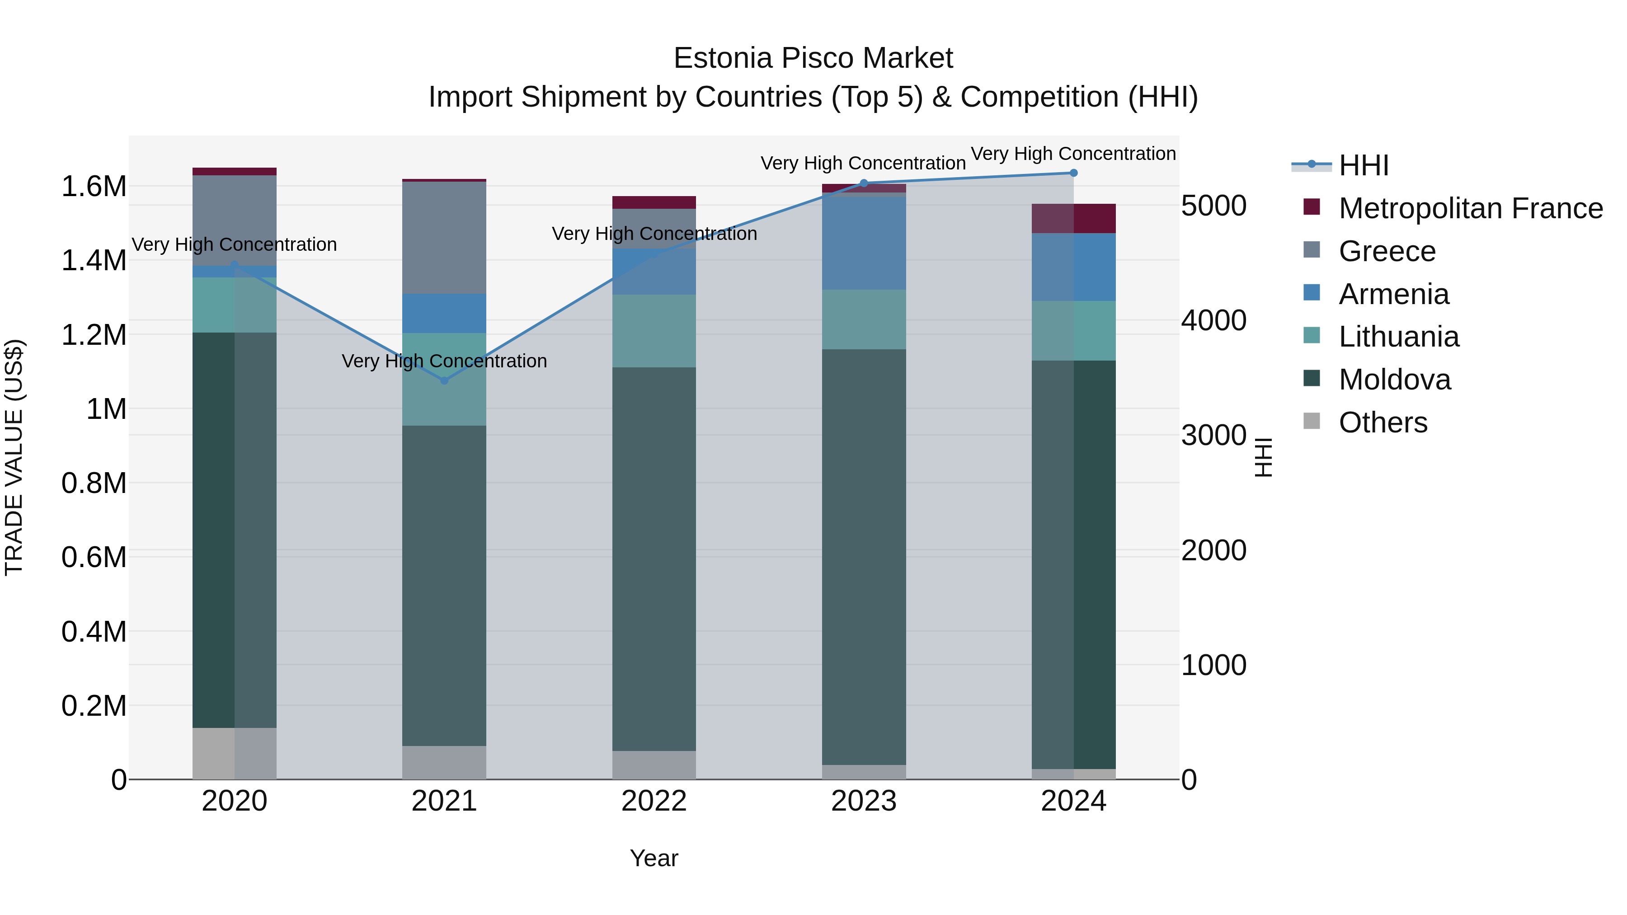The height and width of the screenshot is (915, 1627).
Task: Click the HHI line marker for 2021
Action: coord(444,380)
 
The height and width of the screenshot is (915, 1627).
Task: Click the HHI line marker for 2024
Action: coord(1073,173)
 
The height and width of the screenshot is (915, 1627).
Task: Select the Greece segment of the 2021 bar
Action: coord(444,237)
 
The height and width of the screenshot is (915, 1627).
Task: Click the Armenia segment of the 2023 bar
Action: coord(863,243)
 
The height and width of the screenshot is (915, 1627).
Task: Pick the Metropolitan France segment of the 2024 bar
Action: coord(1073,219)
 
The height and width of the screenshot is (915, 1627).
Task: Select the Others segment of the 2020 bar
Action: coord(234,753)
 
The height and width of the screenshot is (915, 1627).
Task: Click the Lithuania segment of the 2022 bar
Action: coord(654,330)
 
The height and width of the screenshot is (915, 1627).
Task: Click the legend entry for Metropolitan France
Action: coord(1470,208)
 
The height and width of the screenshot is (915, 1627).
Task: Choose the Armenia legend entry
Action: coord(1393,294)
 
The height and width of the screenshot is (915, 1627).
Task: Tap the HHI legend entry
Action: coord(1363,165)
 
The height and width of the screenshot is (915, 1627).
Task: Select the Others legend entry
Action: coord(1382,422)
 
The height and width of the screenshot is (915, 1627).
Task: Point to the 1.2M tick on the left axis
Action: coord(94,335)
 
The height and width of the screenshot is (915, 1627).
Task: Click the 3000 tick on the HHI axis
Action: coord(1213,435)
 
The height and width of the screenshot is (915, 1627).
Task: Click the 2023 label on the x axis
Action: coord(863,801)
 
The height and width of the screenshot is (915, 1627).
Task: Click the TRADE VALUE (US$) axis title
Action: coord(14,457)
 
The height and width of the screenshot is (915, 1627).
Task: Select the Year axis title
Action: coord(654,858)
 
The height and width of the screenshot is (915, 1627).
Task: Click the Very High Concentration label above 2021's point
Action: coord(444,361)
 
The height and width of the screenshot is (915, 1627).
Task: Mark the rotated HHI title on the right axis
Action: coord(1263,457)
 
